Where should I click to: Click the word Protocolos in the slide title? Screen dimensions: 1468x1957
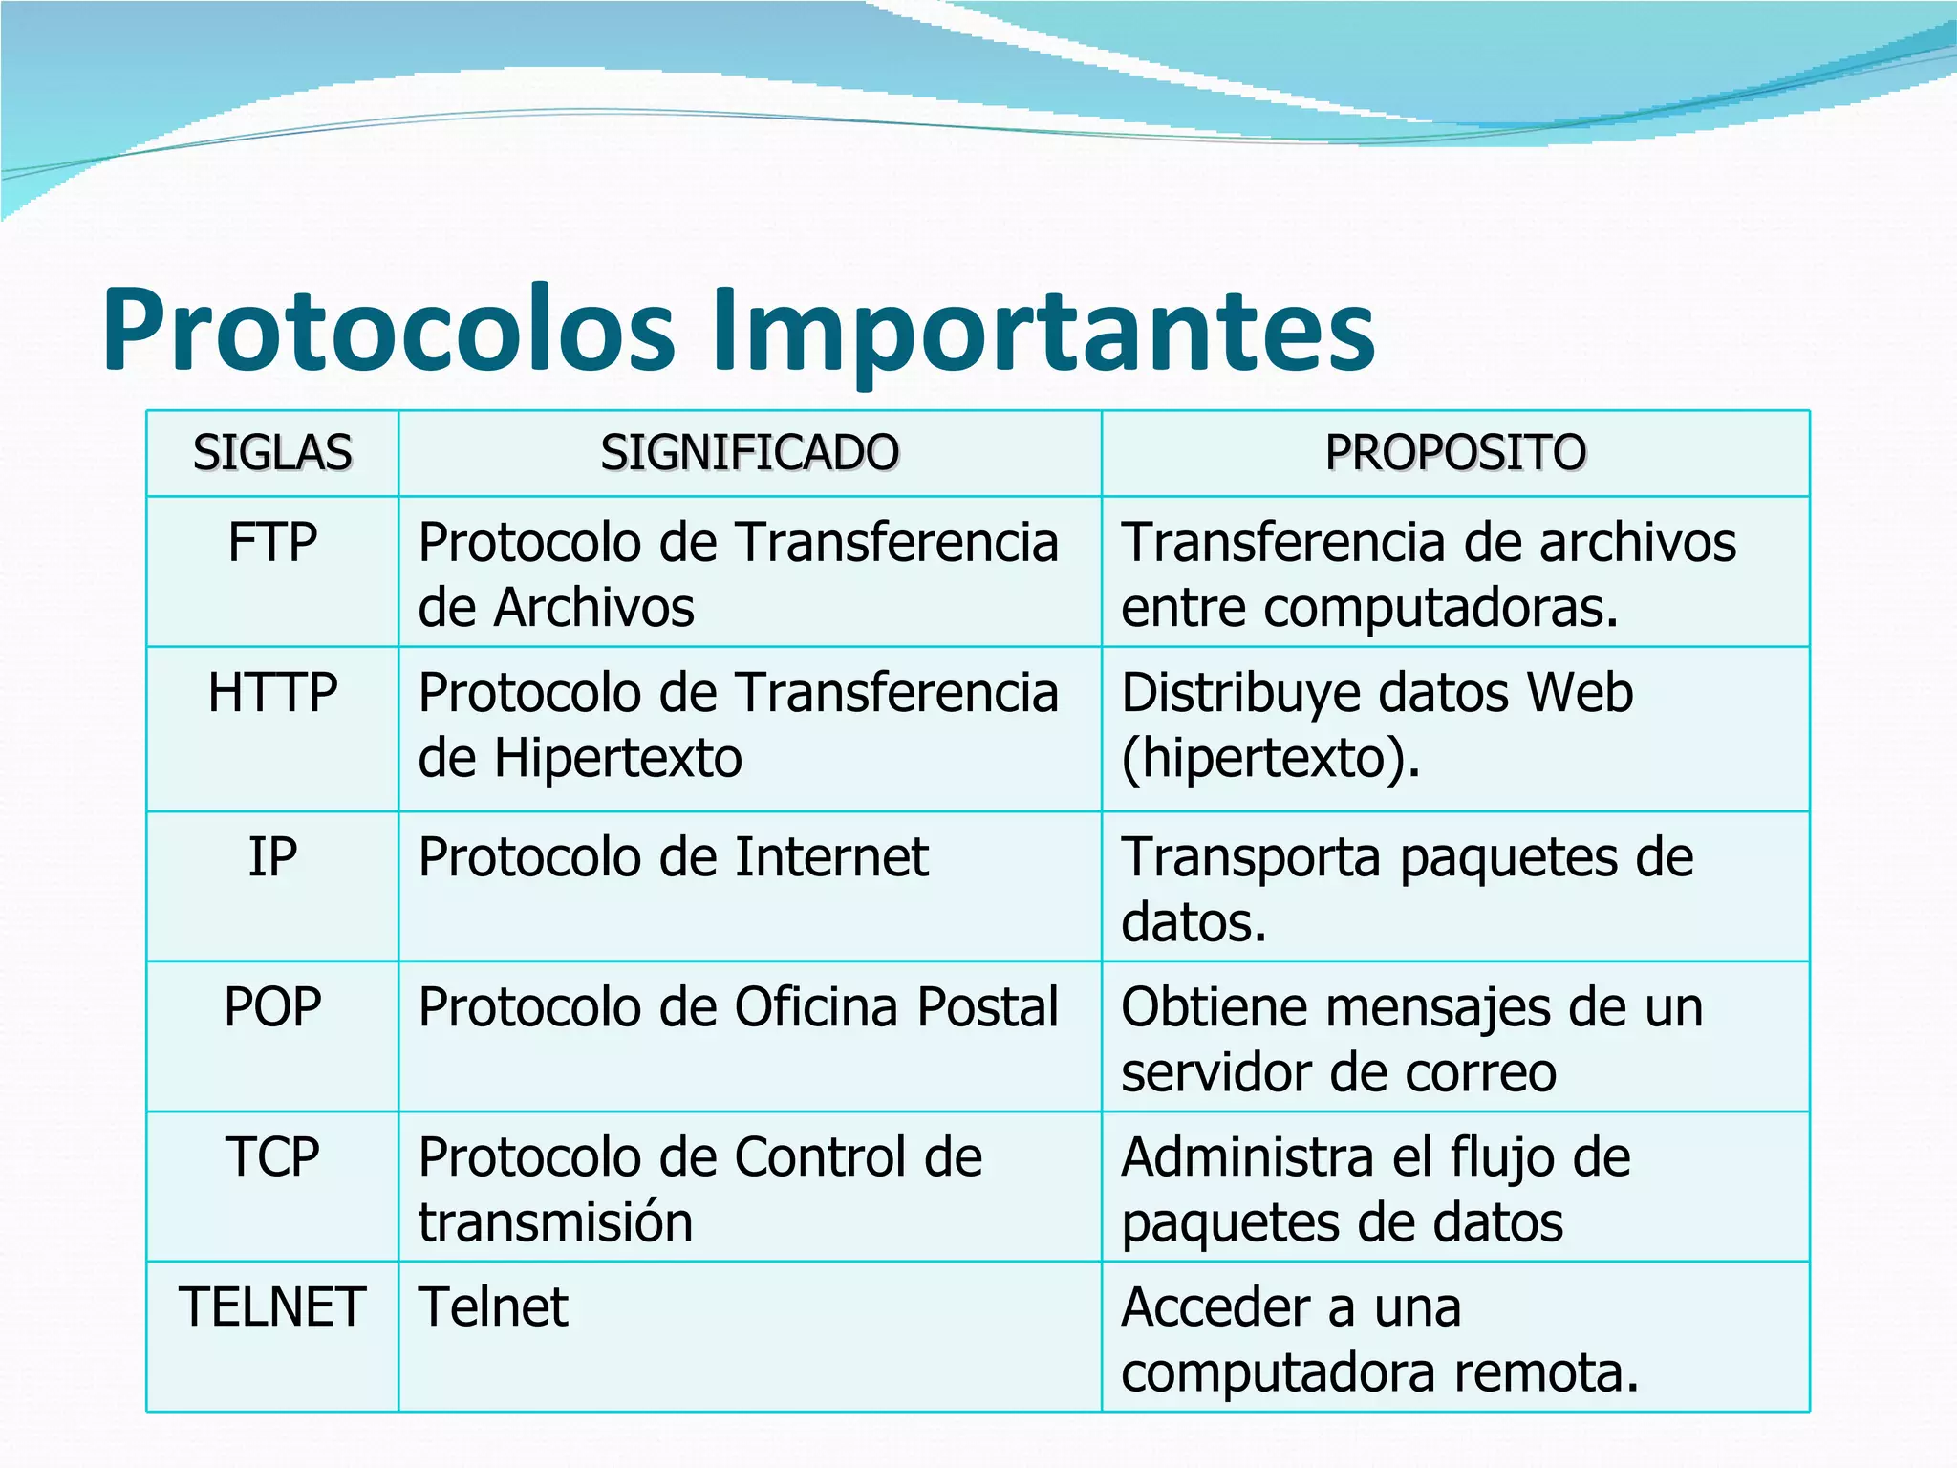[x=388, y=330]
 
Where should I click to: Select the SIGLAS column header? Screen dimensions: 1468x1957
[x=272, y=453]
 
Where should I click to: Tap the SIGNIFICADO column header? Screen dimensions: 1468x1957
[x=749, y=453]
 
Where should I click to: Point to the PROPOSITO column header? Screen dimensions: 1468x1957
[x=1454, y=453]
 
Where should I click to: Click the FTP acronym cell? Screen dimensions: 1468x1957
[x=272, y=543]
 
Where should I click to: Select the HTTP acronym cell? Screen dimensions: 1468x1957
[x=272, y=693]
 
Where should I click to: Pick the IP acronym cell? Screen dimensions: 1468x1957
[x=272, y=857]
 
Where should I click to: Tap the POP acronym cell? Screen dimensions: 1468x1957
[x=272, y=1007]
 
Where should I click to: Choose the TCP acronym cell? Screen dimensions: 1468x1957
[x=272, y=1157]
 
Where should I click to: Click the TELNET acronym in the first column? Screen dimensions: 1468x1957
[x=272, y=1307]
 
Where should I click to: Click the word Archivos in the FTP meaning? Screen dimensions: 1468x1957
[x=593, y=609]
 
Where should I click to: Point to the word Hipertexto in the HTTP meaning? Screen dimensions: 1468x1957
[x=617, y=759]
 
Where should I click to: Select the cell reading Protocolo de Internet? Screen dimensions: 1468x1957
[x=673, y=857]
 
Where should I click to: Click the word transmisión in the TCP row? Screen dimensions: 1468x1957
[x=555, y=1223]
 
